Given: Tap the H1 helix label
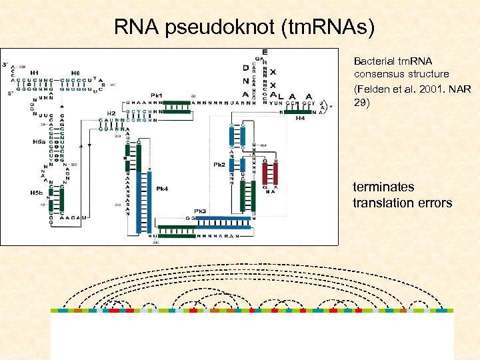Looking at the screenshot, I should pos(34,73).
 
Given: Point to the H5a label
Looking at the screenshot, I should pos(38,142).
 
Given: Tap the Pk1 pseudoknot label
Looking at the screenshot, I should pos(157,95).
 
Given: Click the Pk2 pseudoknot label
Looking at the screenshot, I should pos(219,164).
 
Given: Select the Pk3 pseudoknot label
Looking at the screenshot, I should pos(200,211).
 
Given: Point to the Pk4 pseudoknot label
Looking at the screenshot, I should pos(161,189).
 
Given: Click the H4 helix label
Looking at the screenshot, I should pos(300,119).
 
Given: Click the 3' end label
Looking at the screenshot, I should pos(5,65).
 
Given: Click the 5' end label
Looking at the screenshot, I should pos(9,94).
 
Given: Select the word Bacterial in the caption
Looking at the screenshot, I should pos(372,61).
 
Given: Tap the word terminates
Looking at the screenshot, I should pos(383,187).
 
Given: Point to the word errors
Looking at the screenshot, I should pos(433,203).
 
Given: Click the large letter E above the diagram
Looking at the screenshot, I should pos(265,52).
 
